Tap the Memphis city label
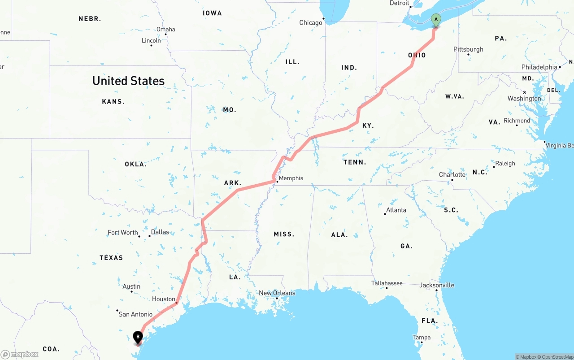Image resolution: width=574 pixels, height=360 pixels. [291, 178]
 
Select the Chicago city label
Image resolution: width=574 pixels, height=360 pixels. [311, 23]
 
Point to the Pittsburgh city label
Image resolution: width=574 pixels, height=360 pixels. [468, 49]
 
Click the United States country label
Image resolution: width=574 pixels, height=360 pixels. [128, 81]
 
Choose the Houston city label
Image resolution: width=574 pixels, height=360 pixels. [163, 299]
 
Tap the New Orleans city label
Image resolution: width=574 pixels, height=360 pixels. [277, 293]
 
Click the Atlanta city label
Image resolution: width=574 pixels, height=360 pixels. [396, 210]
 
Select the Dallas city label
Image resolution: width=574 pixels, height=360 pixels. [160, 232]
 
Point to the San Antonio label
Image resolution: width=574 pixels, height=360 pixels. [135, 314]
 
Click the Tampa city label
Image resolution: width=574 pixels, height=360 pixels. [422, 338]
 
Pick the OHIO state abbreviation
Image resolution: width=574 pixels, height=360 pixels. [417, 55]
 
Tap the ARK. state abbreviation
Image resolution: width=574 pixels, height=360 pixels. [233, 183]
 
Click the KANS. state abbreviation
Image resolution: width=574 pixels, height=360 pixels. [113, 102]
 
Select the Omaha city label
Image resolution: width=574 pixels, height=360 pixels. [165, 30]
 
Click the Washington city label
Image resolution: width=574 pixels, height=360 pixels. [524, 99]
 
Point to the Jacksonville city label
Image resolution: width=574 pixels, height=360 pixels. [437, 285]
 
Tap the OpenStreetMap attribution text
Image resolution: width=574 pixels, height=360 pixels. [556, 357]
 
